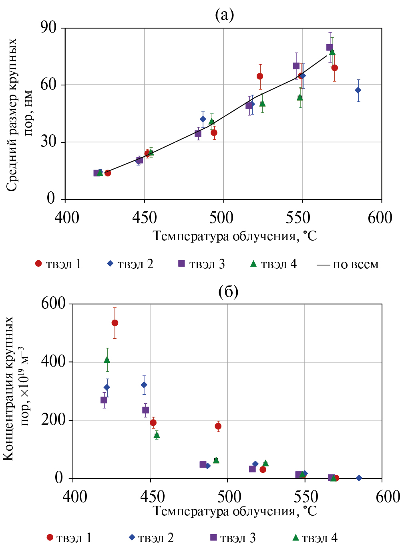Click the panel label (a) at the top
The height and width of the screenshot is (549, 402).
(x=224, y=15)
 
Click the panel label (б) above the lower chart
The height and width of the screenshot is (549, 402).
(x=228, y=292)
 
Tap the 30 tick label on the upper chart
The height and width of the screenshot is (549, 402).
(x=48, y=142)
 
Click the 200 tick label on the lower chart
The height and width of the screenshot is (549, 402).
(x=53, y=419)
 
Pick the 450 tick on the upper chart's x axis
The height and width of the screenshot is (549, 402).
(x=144, y=217)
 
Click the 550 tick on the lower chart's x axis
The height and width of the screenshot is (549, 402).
(x=305, y=496)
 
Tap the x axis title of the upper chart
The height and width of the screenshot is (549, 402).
(x=235, y=236)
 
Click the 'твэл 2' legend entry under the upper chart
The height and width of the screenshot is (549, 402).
(x=130, y=264)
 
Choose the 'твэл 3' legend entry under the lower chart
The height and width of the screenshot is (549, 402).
(x=233, y=538)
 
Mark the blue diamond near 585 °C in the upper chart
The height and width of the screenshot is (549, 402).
(x=358, y=90)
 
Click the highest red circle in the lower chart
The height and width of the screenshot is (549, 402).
(x=115, y=323)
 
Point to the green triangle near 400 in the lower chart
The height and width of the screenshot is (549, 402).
(x=107, y=360)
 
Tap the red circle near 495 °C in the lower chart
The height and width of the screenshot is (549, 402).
(x=218, y=426)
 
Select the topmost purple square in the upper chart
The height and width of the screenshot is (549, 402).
(x=330, y=47)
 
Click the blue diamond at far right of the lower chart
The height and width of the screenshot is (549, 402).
(x=359, y=478)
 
